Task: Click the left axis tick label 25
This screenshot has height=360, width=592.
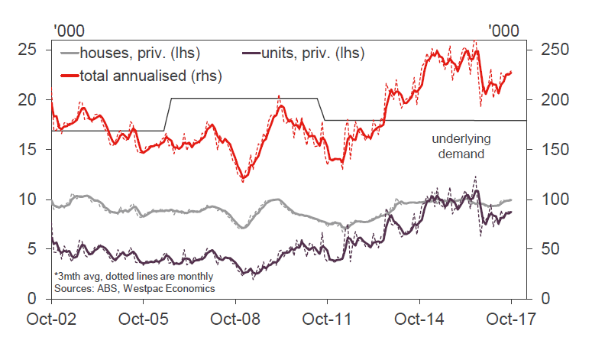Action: tap(29, 50)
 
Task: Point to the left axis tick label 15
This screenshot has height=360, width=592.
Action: tap(29, 150)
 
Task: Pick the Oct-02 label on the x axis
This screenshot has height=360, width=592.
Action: tap(51, 319)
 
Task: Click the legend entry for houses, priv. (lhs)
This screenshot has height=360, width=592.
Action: tap(138, 54)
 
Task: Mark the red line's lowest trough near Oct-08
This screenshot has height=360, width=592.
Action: tap(243, 180)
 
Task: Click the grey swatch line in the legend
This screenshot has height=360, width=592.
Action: tap(69, 54)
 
